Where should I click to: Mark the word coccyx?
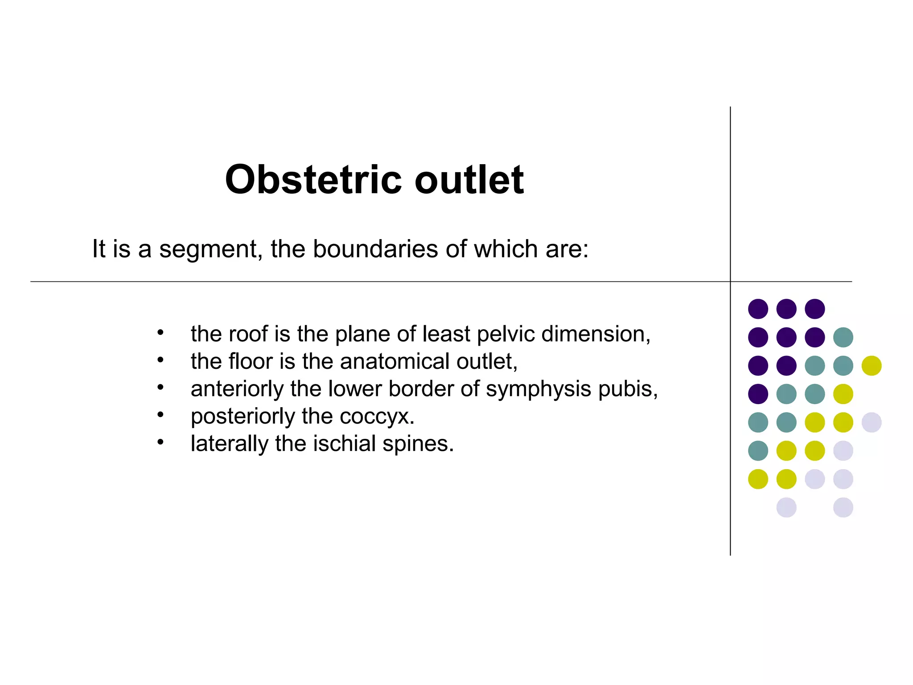click(376, 417)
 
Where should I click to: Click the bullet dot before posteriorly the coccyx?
click(160, 415)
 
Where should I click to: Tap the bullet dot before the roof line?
click(160, 332)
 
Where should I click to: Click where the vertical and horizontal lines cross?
click(730, 281)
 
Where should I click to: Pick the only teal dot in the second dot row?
click(843, 337)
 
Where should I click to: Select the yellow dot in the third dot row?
click(872, 366)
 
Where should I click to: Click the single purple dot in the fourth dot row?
click(758, 394)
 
